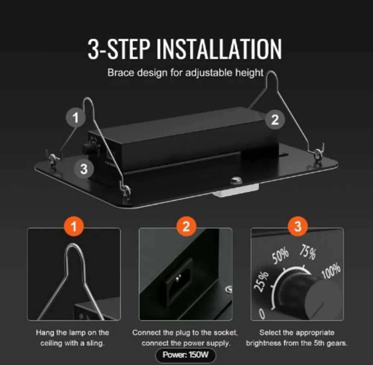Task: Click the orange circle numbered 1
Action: [x=74, y=226]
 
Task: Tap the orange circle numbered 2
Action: [x=186, y=226]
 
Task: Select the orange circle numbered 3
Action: [x=298, y=226]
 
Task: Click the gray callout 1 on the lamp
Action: [x=76, y=118]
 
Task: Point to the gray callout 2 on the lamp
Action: [x=275, y=120]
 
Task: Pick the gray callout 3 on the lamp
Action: [x=84, y=169]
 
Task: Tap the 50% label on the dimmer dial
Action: [x=280, y=256]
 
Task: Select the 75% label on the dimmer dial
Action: [x=308, y=252]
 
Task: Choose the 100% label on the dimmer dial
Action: [x=331, y=271]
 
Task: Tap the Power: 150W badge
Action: [x=186, y=355]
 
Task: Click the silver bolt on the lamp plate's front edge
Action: [x=236, y=180]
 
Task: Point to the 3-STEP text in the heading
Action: [x=118, y=49]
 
